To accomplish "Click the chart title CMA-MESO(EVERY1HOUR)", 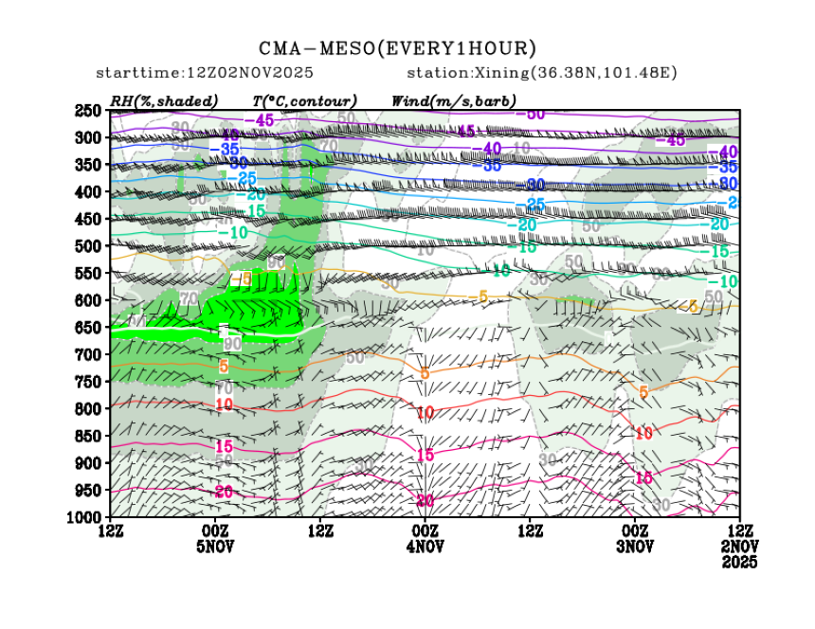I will click(x=398, y=48).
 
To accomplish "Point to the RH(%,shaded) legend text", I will click(x=164, y=100).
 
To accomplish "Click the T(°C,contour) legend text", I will click(x=304, y=100).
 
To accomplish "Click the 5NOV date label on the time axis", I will click(x=215, y=546).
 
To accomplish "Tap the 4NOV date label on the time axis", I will click(x=425, y=546).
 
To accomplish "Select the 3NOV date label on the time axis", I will click(x=634, y=546).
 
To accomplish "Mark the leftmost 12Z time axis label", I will click(x=111, y=530).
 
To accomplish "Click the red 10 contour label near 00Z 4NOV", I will click(x=426, y=412).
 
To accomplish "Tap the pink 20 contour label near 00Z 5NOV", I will click(x=225, y=491).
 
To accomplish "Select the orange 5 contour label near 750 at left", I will click(x=224, y=366).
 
